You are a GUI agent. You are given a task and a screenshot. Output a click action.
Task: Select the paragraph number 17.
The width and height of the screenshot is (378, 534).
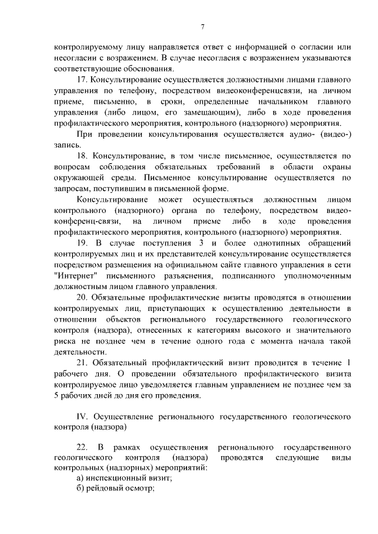[x=82, y=80]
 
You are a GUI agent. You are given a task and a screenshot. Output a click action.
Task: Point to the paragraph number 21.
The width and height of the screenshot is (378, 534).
[x=82, y=363]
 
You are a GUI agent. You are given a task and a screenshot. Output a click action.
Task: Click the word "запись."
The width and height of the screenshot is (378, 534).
[x=66, y=145]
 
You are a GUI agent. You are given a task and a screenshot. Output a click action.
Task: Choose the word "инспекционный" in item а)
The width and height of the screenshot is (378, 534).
[x=118, y=480]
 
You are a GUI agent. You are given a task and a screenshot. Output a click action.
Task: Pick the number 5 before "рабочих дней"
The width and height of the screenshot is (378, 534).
[x=56, y=395]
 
